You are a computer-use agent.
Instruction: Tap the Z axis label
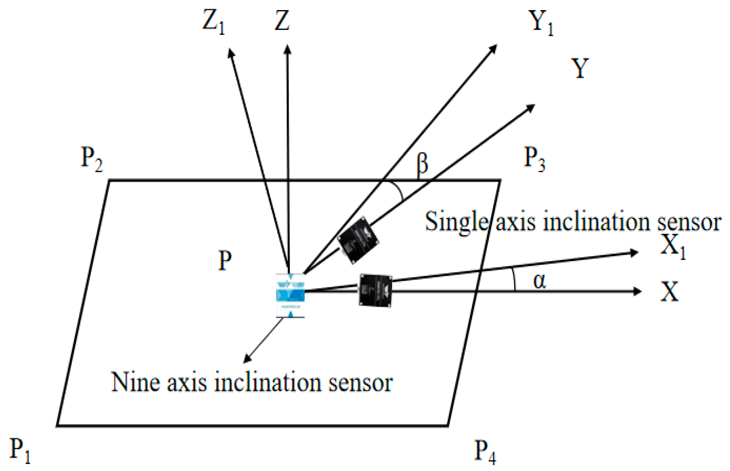point(282,21)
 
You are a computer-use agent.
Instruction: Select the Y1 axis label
point(541,24)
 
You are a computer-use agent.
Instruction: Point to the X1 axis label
point(673,246)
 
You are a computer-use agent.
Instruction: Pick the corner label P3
point(534,160)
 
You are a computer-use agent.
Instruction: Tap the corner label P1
point(20,450)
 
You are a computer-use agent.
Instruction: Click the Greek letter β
point(422,164)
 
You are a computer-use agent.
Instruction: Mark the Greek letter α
point(539,280)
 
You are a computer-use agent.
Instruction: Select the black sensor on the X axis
point(375,290)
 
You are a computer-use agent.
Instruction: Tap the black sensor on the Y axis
point(358,241)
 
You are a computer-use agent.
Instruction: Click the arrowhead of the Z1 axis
point(230,52)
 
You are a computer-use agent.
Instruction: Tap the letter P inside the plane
point(225,261)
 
